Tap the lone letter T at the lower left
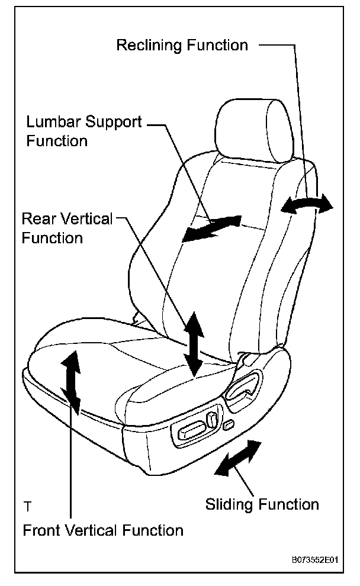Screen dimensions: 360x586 [x=27, y=507]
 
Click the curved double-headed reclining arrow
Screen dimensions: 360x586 [x=307, y=205]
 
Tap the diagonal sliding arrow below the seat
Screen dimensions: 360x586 [x=237, y=458]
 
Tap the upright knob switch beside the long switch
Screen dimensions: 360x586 [x=211, y=421]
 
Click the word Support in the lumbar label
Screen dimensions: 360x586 [x=112, y=123]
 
